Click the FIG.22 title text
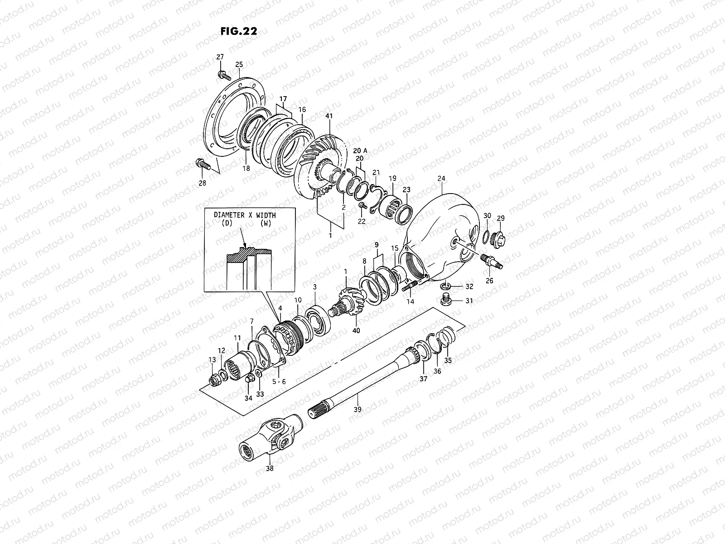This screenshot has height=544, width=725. (x=239, y=31)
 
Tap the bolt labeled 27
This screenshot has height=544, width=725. (x=222, y=73)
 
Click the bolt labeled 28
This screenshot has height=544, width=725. (x=202, y=164)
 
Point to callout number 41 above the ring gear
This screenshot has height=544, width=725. (x=329, y=117)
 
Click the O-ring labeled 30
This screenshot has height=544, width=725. (x=486, y=236)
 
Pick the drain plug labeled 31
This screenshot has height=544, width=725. (x=446, y=300)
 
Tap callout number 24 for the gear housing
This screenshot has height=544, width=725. (x=441, y=179)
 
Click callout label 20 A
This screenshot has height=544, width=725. (x=360, y=151)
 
